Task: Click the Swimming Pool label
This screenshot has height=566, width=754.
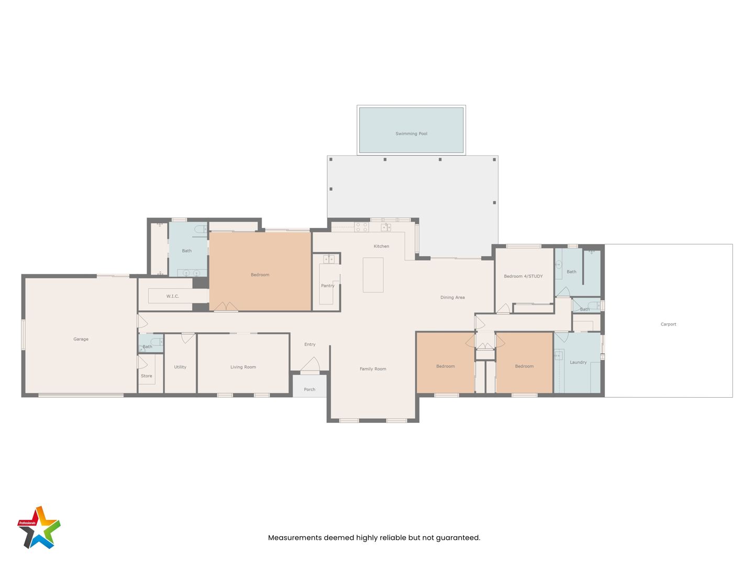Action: (411, 134)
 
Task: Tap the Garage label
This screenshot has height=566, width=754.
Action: (81, 339)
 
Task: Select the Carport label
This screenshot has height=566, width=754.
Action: (668, 324)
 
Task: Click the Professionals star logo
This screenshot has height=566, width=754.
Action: (39, 527)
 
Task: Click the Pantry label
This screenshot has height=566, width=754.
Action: (327, 286)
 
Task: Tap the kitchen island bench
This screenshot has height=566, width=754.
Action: (373, 275)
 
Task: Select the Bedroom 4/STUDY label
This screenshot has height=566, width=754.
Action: (523, 276)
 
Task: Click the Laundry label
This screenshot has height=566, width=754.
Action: (578, 362)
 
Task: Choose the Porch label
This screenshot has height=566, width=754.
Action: (309, 389)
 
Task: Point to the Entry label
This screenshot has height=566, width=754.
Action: (310, 344)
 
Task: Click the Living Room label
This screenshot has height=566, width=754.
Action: (243, 367)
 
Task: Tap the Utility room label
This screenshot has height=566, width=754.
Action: (180, 367)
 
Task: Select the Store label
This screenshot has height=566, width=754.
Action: (146, 376)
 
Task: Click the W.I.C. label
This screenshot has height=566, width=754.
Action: (172, 296)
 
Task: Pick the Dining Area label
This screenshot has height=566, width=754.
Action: (452, 298)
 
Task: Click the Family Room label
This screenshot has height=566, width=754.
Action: (373, 369)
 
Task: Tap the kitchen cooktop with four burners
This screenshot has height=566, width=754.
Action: (362, 227)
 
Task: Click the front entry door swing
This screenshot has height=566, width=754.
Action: (311, 364)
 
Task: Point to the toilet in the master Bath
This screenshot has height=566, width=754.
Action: (201, 229)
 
